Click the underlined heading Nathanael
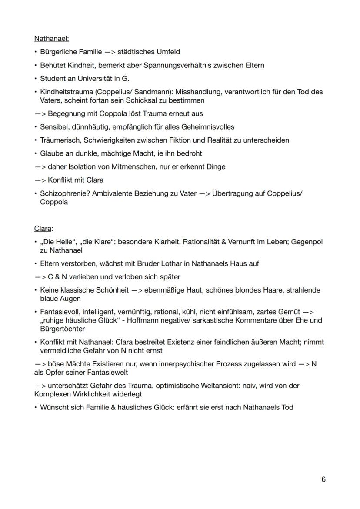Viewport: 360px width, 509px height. [51, 39]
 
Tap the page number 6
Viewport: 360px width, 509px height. [323, 479]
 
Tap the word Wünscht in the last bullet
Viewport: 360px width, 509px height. [54, 407]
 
